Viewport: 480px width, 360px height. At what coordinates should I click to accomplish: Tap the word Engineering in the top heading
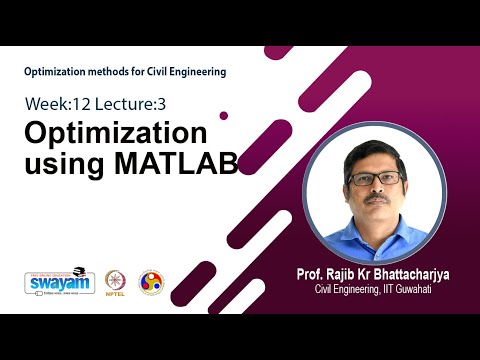(198, 72)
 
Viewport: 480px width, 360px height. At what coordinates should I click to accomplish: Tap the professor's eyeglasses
(375, 177)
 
